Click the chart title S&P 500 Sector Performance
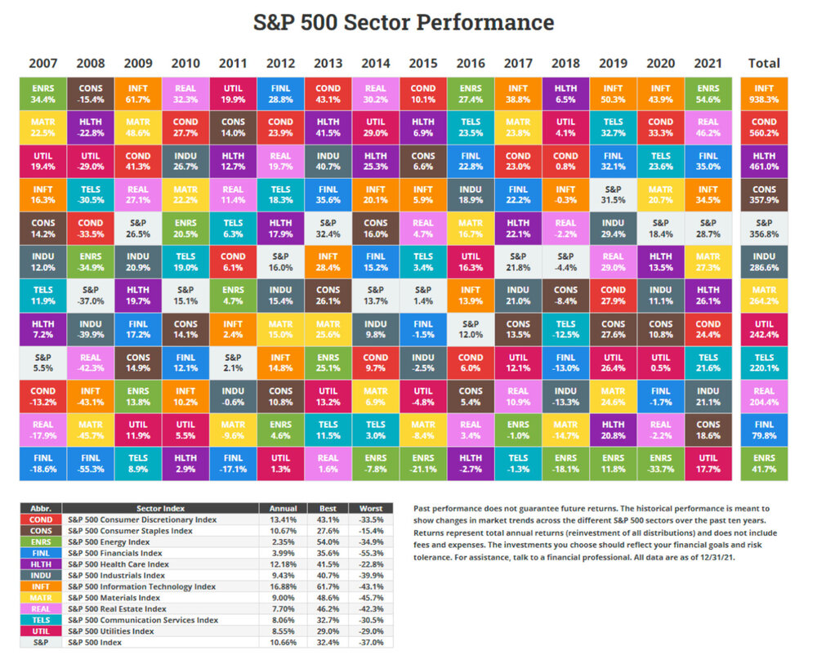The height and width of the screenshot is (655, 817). [x=403, y=22]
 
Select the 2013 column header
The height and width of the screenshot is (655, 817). [x=328, y=63]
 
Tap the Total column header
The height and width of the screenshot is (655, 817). [x=764, y=63]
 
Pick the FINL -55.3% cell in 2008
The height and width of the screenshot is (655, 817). [x=91, y=463]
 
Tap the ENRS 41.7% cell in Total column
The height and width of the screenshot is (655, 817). [x=764, y=463]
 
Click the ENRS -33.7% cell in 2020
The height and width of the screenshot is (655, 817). [x=660, y=463]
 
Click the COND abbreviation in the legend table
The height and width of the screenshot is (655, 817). [x=41, y=519]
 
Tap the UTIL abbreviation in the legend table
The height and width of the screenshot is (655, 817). [x=41, y=631]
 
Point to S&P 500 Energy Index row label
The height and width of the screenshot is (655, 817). [x=109, y=541]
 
